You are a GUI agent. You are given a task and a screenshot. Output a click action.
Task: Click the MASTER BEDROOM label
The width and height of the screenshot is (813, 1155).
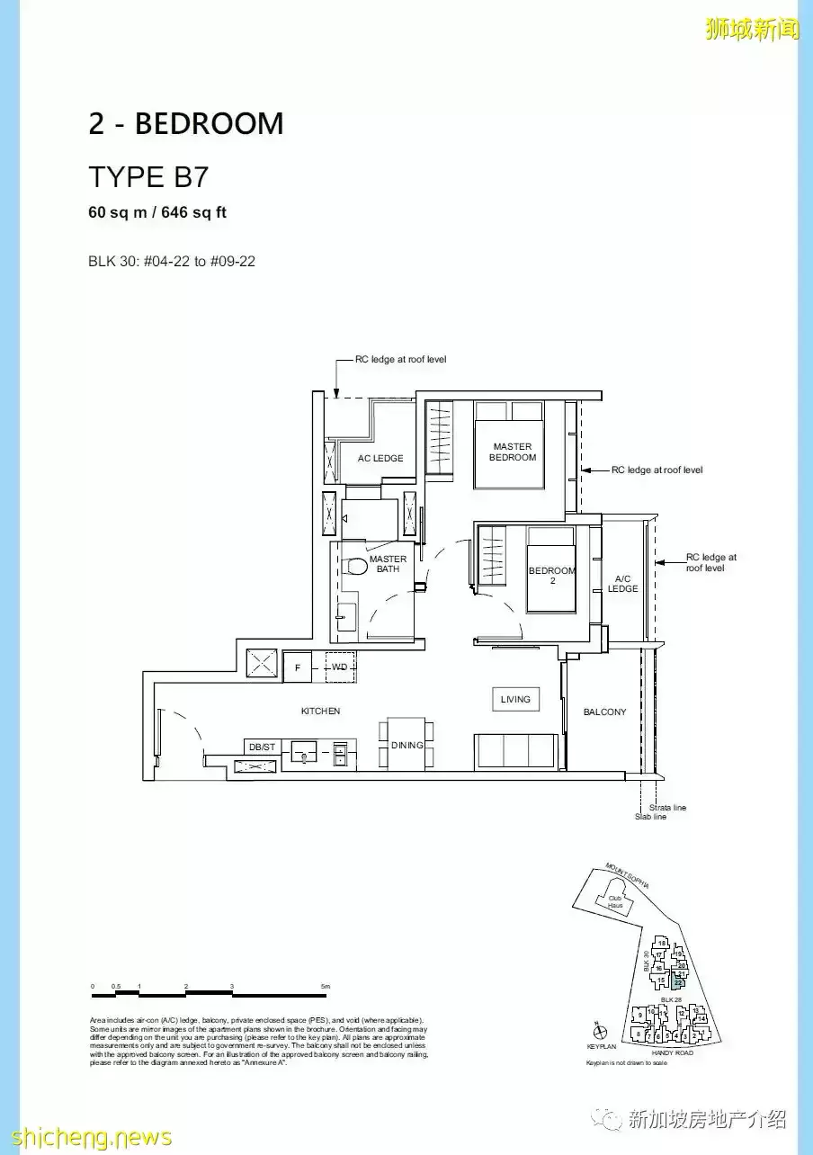(513, 452)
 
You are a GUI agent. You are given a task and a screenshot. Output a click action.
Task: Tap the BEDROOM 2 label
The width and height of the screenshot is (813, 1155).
(551, 575)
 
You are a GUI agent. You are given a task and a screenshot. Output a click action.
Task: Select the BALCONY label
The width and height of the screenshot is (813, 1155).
(604, 712)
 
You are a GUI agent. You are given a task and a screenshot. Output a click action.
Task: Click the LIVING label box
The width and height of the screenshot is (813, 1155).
(515, 699)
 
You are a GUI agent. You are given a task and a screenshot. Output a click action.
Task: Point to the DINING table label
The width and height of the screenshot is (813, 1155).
(406, 745)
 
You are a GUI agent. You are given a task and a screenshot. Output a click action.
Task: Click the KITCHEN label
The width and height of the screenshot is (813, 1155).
(320, 712)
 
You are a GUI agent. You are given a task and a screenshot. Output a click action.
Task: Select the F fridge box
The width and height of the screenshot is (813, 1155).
(297, 667)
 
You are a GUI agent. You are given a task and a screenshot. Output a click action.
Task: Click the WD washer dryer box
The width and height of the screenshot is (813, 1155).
(339, 667)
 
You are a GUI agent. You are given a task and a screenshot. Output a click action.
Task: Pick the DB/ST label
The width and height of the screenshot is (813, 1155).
(263, 748)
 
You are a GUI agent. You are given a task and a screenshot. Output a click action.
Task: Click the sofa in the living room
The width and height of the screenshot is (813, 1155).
(514, 751)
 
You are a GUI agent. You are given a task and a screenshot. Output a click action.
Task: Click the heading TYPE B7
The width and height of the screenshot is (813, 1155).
(148, 177)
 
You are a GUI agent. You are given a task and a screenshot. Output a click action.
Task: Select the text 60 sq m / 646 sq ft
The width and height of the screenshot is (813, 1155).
(157, 213)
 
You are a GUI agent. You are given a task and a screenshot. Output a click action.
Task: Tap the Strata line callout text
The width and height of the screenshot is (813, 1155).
(667, 808)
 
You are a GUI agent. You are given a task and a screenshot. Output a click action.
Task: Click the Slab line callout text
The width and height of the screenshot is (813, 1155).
(650, 817)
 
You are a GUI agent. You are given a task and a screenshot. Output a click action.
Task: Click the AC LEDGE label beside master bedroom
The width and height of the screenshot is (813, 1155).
(380, 459)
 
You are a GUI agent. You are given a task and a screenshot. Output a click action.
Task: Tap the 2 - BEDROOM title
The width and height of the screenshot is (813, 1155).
(185, 124)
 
